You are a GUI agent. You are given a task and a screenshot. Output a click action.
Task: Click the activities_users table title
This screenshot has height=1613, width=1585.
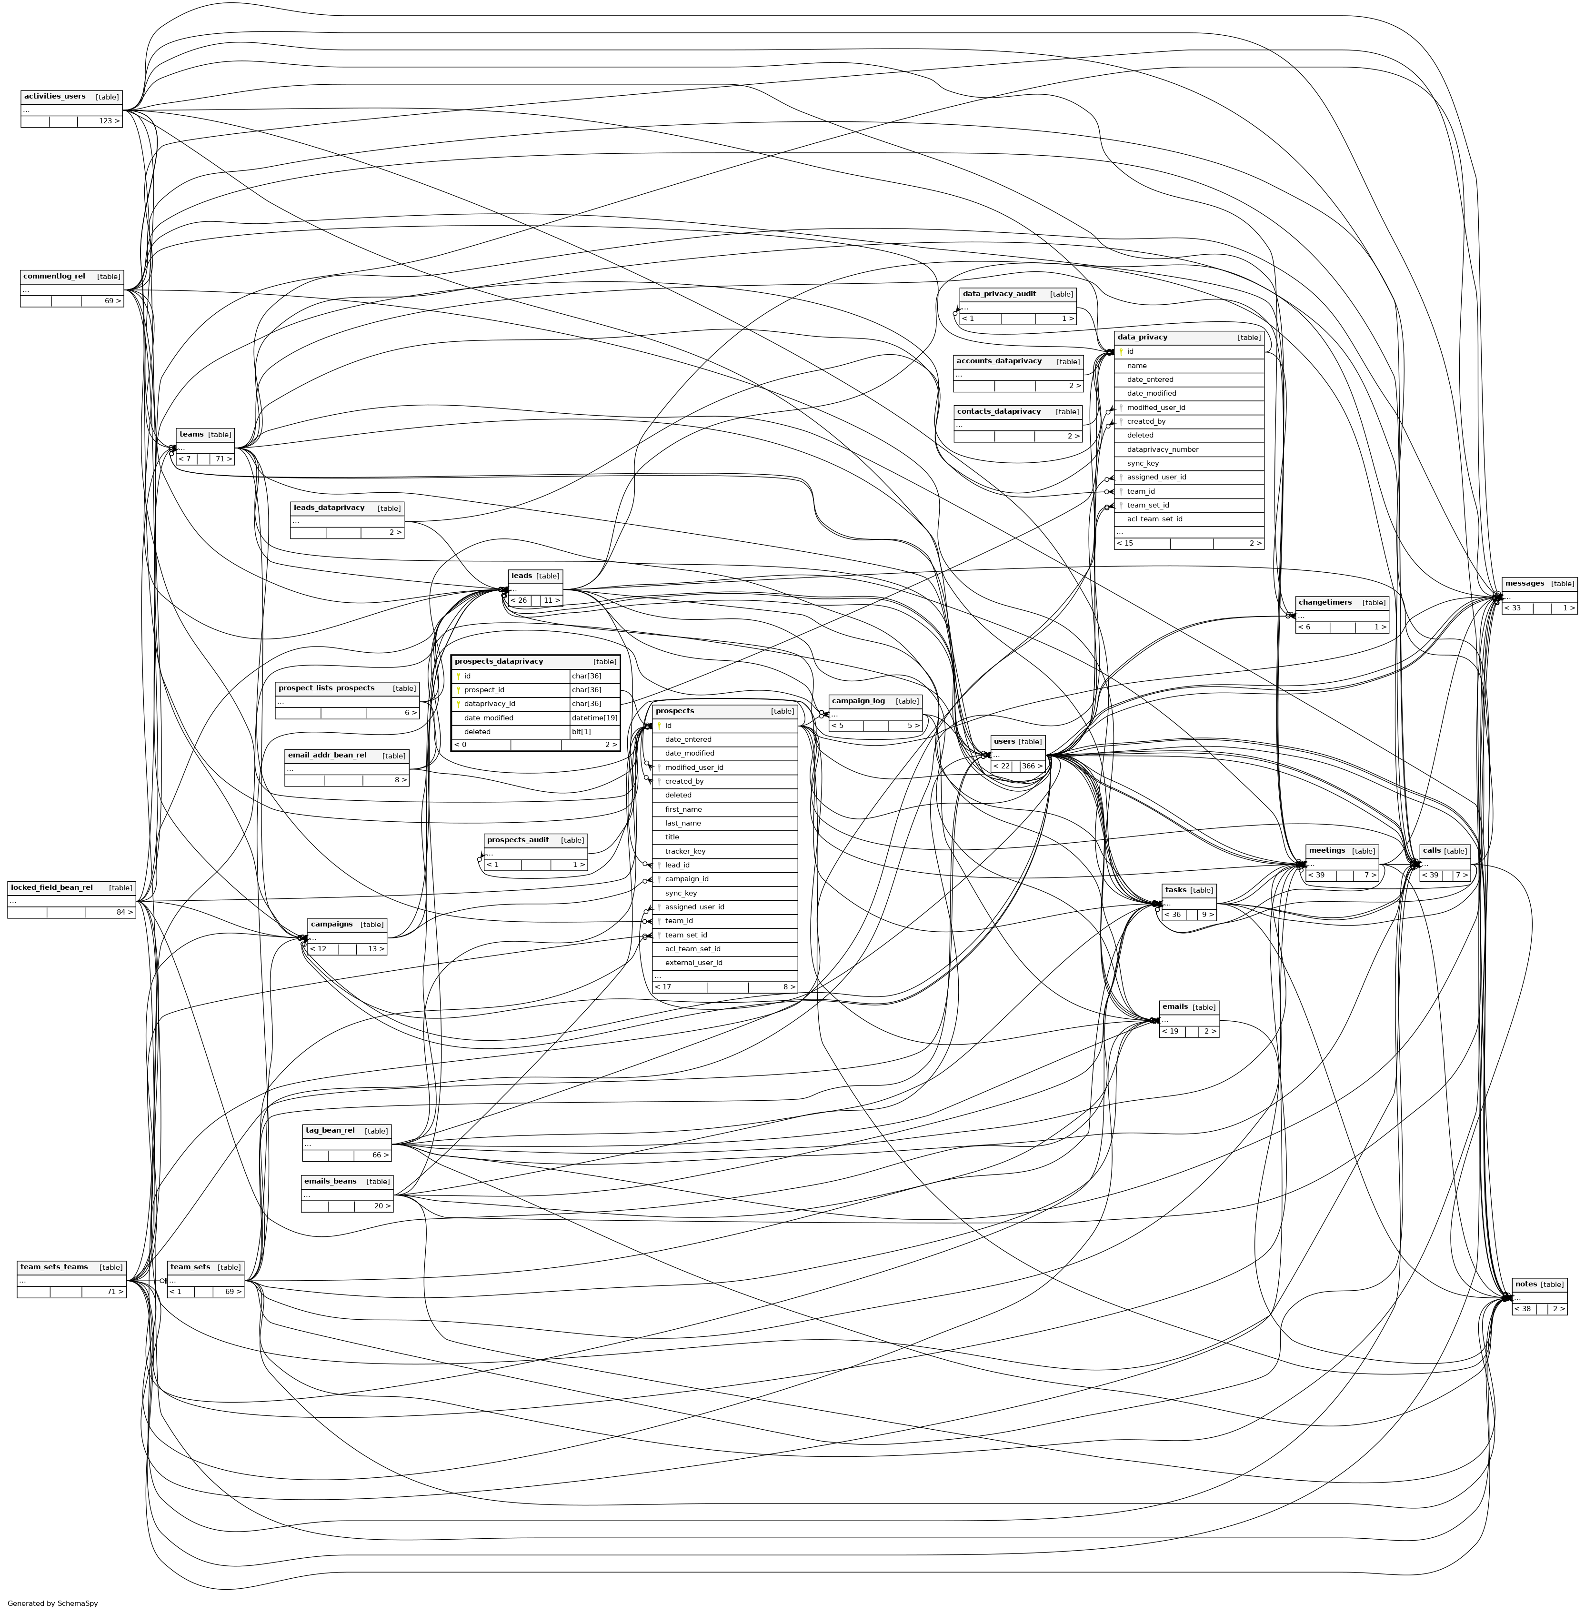pos(55,97)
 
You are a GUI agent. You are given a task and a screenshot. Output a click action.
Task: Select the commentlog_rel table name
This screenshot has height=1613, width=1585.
pos(54,276)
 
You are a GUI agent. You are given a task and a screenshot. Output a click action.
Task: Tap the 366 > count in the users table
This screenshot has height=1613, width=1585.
pos(1032,766)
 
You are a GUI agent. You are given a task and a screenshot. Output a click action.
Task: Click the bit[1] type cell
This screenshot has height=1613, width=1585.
pos(581,732)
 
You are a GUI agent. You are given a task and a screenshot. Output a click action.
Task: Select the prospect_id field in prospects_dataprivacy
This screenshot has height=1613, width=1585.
pos(484,690)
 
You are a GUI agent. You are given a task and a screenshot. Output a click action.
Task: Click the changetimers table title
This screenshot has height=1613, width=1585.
pos(1324,603)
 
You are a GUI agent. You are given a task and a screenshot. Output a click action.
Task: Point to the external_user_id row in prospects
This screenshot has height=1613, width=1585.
pos(693,963)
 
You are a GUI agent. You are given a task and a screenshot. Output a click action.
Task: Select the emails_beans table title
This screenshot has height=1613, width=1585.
pos(331,1182)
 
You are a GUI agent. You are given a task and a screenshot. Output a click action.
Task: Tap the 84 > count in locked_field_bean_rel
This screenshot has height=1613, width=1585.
pos(124,912)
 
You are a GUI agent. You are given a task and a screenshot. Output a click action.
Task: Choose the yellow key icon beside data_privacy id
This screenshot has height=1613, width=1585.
pos(1121,352)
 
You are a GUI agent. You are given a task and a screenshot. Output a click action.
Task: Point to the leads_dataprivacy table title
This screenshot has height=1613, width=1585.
pos(329,508)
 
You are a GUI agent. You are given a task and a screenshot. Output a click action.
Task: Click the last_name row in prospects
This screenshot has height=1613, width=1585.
pos(682,823)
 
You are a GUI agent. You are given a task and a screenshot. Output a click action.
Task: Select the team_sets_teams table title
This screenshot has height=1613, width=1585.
pos(54,1267)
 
